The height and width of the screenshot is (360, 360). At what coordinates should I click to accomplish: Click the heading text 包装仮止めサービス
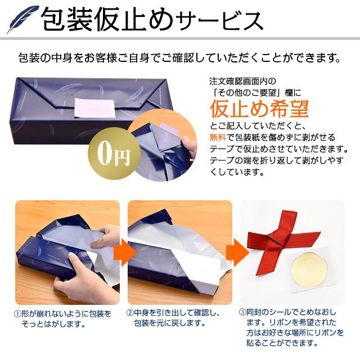pos(152,21)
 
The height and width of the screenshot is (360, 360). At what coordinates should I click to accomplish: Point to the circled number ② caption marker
pos(130,313)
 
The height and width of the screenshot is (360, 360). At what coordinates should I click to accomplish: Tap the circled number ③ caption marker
pos(242,313)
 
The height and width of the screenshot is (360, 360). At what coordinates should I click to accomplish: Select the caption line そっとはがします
pos(56,324)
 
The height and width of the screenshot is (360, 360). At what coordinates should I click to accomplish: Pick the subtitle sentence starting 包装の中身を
pos(180,58)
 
